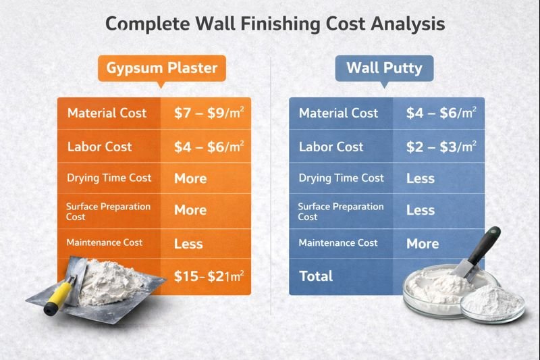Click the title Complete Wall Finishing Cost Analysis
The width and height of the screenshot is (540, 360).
point(275,24)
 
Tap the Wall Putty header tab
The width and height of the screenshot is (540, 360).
point(384,68)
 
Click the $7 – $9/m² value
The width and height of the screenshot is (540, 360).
point(209,113)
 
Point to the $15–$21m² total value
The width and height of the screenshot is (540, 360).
point(209,276)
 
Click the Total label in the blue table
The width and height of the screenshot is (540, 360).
point(316,276)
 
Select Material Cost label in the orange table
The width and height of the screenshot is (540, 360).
point(107,113)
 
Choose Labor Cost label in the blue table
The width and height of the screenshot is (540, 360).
point(331,147)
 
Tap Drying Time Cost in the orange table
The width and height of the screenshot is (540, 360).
point(109,178)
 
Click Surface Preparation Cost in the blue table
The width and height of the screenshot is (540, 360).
point(340,211)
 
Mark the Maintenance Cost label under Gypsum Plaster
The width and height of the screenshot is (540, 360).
point(104,242)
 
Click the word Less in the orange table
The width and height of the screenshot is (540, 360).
point(188,243)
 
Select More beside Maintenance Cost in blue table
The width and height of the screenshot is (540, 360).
point(423,243)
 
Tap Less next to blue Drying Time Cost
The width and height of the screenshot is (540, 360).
point(421,178)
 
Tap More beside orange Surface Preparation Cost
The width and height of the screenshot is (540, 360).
point(190,210)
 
